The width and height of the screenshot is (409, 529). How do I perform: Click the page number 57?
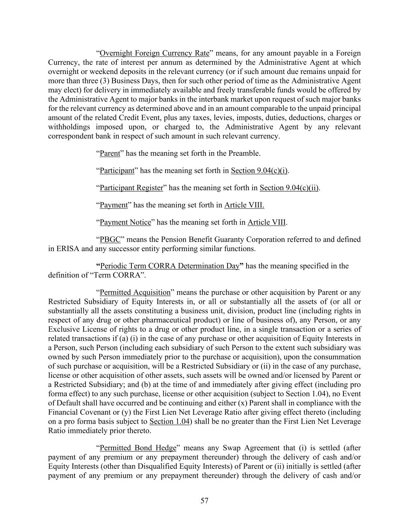click(x=204, y=501)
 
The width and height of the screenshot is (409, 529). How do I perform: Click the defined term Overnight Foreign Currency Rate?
click(x=154, y=53)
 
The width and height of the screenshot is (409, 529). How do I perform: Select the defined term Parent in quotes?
click(x=110, y=153)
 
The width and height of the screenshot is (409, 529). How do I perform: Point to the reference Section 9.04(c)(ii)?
click(x=289, y=188)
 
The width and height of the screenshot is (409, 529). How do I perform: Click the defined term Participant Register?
click(x=131, y=188)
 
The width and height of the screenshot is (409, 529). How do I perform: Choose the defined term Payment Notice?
click(x=125, y=222)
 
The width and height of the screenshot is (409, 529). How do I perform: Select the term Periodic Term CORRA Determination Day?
click(x=169, y=266)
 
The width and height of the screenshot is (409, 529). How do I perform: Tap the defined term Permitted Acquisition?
click(x=135, y=293)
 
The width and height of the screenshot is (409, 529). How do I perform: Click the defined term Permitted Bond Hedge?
click(x=138, y=448)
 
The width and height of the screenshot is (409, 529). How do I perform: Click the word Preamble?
click(x=245, y=153)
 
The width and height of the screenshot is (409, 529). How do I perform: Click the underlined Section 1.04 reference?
click(x=169, y=422)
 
